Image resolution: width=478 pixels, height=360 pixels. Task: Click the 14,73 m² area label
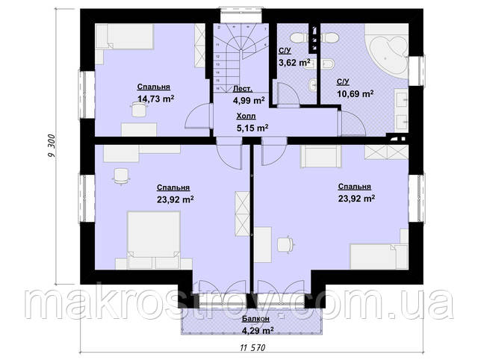tap(156, 99)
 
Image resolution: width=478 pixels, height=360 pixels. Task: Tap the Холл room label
tap(246, 116)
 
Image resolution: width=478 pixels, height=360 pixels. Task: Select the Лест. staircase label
tap(243, 89)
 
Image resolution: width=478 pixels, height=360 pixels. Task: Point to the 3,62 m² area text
tap(294, 63)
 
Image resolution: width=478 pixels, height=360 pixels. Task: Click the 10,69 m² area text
tap(356, 93)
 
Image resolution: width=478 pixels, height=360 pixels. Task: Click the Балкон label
tap(255, 319)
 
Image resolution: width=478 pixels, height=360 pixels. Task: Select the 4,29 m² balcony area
tap(257, 330)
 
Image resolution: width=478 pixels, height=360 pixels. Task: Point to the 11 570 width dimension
tap(252, 347)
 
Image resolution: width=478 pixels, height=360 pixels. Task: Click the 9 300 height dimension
tap(51, 146)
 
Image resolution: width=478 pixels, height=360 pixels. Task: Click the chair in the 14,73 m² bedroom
tap(139, 109)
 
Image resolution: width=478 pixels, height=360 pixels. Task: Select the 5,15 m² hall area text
tap(252, 128)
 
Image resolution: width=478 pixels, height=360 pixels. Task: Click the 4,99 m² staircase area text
tap(249, 100)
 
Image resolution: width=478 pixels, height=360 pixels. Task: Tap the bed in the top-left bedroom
tap(125, 37)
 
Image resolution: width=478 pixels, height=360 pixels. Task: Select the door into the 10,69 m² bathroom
tap(351, 122)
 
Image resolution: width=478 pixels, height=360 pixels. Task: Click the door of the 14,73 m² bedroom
tap(198, 116)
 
